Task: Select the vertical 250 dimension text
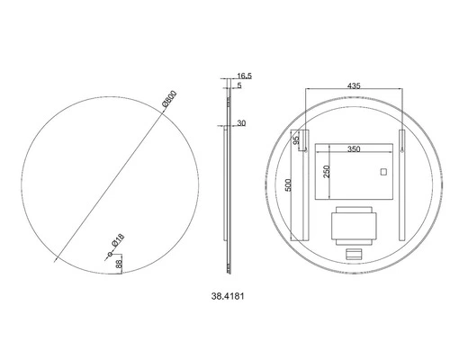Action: pos(327,173)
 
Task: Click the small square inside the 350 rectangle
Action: pos(382,172)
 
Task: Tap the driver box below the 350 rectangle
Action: pos(354,222)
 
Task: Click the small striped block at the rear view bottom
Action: pos(354,254)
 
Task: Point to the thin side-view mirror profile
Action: pos(227,180)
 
